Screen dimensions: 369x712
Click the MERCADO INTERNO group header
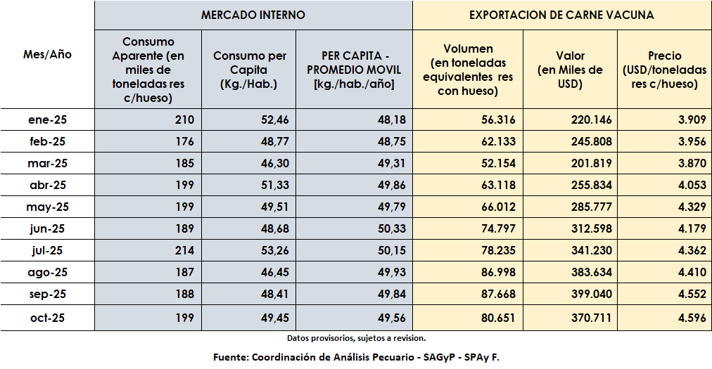253,15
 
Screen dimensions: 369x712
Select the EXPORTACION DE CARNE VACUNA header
561,15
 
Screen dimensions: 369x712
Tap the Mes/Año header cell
47,54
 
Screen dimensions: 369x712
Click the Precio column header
664,70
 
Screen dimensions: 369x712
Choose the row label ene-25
48,120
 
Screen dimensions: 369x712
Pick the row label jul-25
48,251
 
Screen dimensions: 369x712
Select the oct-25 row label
48,318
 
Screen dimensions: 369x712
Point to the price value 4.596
692,318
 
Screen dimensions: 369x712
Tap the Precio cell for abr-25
692,186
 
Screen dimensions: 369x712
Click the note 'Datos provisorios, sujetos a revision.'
356,338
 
